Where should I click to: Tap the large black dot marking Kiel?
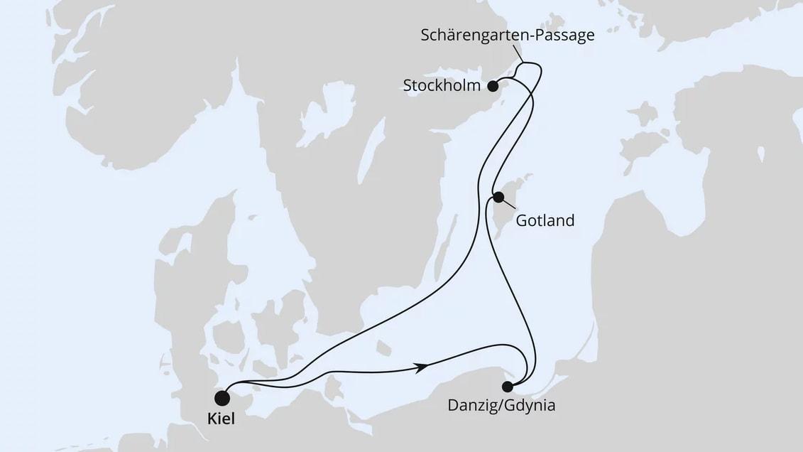point(223,397)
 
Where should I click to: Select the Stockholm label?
point(441,87)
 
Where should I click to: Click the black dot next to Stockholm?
point(493,86)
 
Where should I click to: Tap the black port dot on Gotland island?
point(499,198)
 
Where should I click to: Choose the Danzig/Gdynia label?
point(501,407)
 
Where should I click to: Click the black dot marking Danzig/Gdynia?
point(507,387)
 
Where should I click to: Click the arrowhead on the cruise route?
point(422,367)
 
